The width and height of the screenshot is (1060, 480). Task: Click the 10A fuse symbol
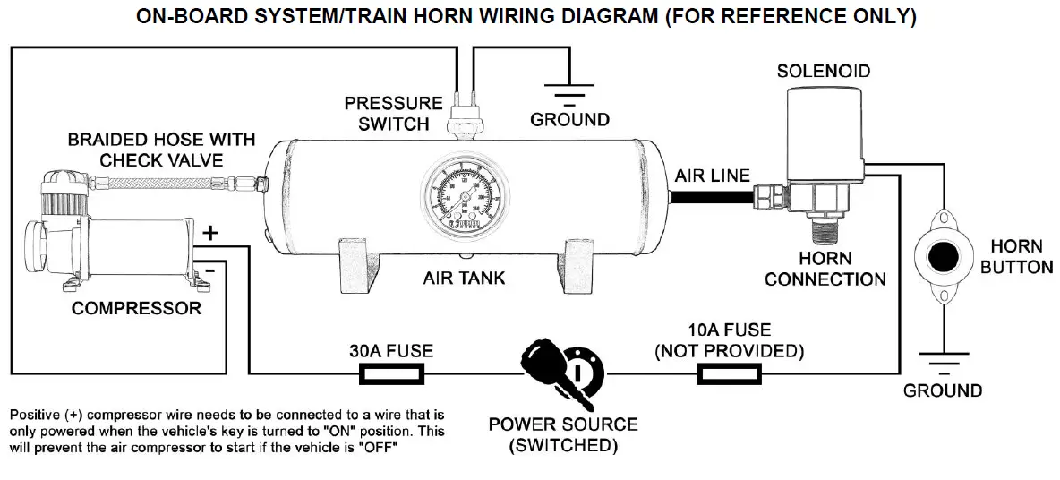[x=728, y=373]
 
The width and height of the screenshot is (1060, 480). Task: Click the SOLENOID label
[x=823, y=71]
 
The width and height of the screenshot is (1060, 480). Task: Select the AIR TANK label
[x=464, y=278]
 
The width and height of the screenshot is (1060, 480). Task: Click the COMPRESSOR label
[x=136, y=309]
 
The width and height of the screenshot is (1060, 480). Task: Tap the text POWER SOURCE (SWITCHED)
[x=562, y=434]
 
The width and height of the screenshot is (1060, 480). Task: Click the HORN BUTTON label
[x=1016, y=256]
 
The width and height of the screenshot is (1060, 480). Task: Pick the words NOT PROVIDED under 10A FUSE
[x=729, y=350]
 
